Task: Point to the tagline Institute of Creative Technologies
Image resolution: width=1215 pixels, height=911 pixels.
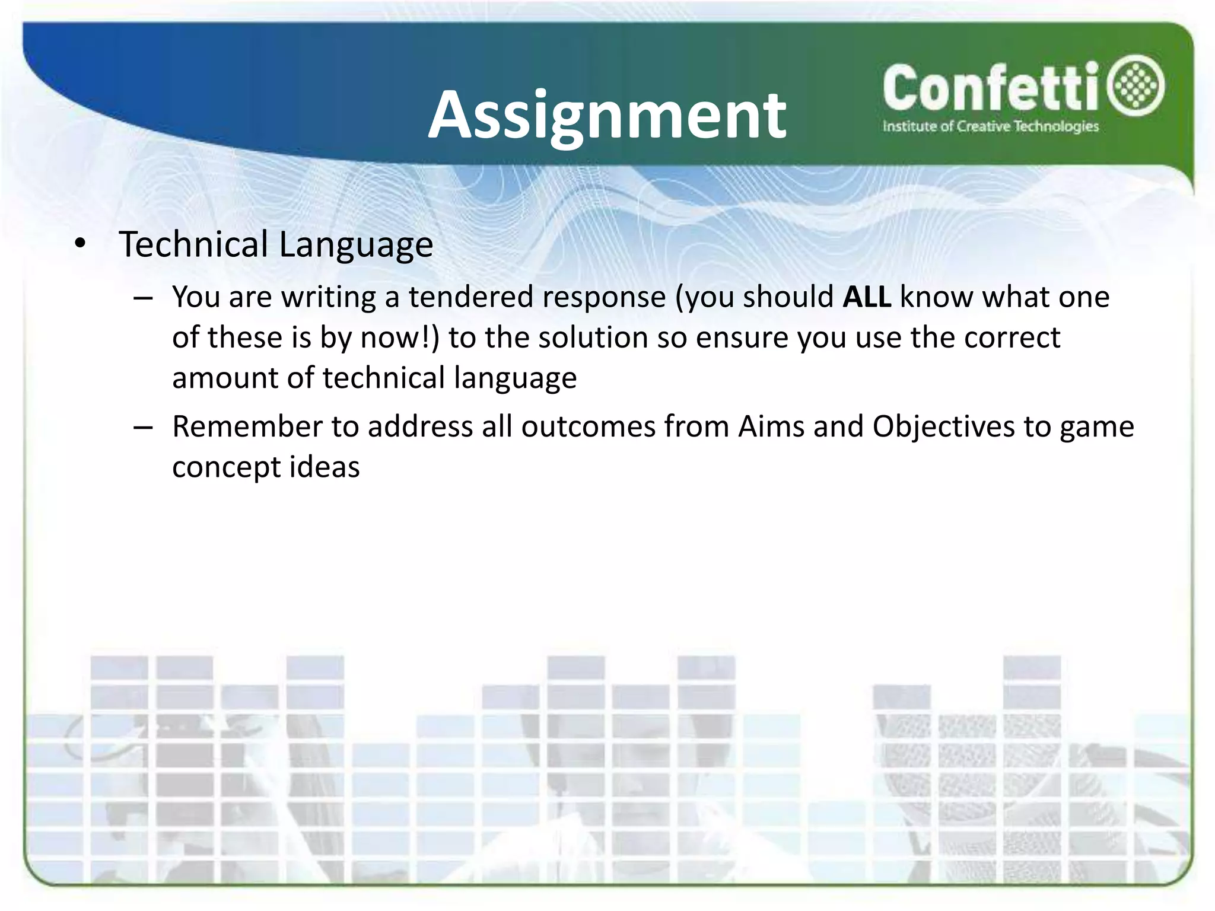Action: point(990,126)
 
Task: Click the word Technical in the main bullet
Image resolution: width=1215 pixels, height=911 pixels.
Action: point(193,244)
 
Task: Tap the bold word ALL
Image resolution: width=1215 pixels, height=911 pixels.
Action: point(866,297)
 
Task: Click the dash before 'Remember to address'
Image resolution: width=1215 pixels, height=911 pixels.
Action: point(143,427)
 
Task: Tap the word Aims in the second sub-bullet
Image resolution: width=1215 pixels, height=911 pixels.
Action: point(771,426)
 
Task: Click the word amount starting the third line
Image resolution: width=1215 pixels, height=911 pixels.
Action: point(225,378)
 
